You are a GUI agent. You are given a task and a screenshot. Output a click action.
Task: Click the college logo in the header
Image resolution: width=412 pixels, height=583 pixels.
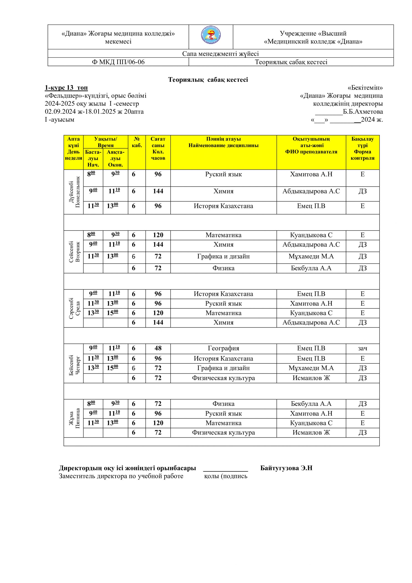coord(211,36)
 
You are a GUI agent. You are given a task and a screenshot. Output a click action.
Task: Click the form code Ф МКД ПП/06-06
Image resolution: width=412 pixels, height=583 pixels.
coord(118,62)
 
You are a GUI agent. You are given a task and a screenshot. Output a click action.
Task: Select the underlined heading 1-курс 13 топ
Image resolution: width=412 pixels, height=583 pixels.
coord(66,88)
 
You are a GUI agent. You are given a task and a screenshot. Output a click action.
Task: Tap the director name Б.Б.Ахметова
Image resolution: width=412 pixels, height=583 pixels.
coord(363,112)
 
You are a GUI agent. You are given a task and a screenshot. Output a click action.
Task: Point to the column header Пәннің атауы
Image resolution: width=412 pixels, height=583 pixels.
coord(223,139)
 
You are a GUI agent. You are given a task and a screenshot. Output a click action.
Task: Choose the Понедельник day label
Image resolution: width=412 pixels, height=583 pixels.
coord(78,192)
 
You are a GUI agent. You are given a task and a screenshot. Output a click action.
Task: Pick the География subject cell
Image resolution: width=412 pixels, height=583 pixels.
coord(223,348)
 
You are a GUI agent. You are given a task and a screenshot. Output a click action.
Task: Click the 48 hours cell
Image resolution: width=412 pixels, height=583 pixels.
coord(158,348)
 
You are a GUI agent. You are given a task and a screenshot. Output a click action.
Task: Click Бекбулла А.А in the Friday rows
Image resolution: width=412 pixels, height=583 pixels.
coord(311,404)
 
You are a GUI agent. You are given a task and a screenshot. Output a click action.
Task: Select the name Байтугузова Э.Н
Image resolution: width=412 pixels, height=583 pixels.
coord(286,468)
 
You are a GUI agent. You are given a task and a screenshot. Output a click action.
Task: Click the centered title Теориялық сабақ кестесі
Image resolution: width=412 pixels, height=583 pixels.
coord(208,80)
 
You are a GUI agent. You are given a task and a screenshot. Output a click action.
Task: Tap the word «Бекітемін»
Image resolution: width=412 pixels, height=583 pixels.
coord(365,88)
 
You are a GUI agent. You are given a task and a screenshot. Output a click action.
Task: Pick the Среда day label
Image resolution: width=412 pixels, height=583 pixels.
coord(78,308)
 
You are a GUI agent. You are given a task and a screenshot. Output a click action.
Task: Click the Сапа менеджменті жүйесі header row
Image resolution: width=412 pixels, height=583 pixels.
coord(220,54)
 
